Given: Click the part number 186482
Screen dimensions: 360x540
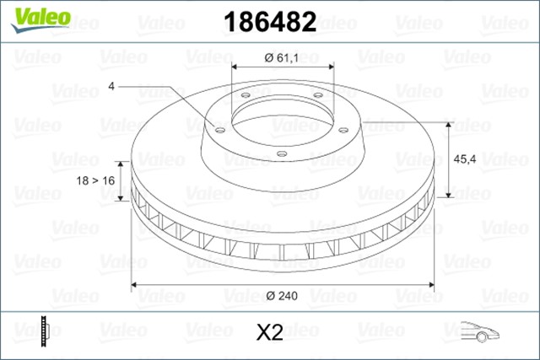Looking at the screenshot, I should tap(270, 22).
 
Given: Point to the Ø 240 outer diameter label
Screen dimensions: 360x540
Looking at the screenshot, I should tap(280, 295).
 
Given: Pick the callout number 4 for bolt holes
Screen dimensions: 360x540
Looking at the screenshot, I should tap(111, 85).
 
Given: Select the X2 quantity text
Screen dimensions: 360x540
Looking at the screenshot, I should tap(269, 332).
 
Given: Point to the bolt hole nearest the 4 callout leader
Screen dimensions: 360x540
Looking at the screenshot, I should tap(219, 129).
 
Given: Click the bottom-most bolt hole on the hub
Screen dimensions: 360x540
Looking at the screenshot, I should tap(282, 153).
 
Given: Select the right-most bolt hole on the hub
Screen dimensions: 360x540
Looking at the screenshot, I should tap(343, 129).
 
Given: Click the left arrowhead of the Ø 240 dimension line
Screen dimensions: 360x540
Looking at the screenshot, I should tap(136, 284).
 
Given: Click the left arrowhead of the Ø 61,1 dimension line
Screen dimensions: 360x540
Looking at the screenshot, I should tap(233, 67).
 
